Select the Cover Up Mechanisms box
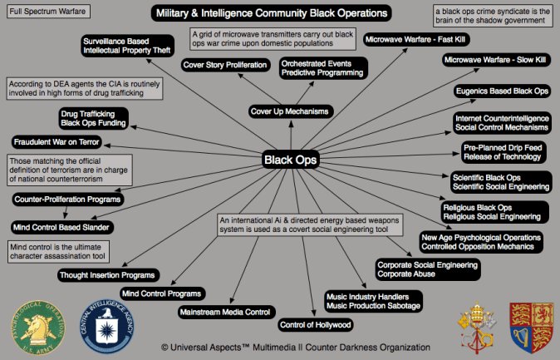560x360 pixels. tap(289, 111)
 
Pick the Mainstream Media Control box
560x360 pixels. tap(225, 312)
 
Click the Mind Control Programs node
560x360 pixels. tap(162, 293)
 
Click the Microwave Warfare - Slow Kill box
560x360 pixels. tap(496, 60)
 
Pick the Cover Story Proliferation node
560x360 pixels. tap(225, 65)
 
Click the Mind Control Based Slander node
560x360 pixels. tap(61, 226)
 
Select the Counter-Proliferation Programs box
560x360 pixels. tap(68, 200)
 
